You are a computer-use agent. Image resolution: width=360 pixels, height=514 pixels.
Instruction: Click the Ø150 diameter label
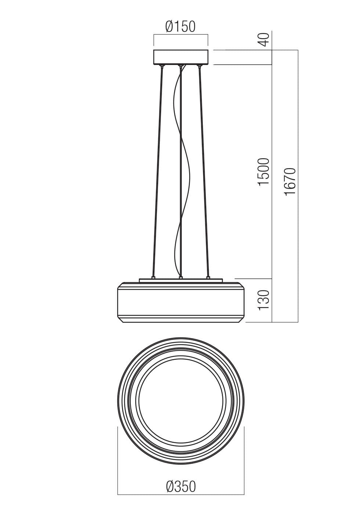180,26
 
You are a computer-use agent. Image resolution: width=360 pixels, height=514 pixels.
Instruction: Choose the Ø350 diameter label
181,487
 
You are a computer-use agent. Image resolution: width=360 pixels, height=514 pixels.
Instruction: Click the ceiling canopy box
181,57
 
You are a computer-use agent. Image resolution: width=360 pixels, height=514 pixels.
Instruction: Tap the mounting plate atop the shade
181,281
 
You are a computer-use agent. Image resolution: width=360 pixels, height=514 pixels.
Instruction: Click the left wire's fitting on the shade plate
154,278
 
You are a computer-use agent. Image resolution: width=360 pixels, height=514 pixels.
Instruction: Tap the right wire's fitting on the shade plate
208,278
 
